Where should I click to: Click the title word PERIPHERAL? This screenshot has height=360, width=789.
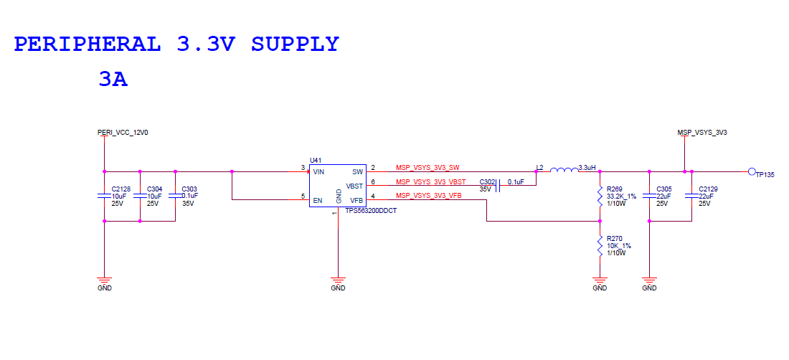coord(88,44)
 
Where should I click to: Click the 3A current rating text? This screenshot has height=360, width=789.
coord(113,80)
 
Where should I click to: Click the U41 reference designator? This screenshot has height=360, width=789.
coord(316,161)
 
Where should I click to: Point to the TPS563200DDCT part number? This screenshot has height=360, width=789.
coord(371,211)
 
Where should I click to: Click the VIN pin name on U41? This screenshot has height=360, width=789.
coord(319,172)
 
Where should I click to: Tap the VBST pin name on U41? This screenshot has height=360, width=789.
coord(354,185)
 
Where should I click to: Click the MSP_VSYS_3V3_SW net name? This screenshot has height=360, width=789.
coord(427,168)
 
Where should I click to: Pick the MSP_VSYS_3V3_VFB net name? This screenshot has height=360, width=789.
coord(429,195)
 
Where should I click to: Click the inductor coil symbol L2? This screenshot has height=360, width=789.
coord(563,170)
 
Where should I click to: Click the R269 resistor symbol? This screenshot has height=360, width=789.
coord(600,197)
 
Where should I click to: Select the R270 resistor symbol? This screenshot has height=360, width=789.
coord(600,247)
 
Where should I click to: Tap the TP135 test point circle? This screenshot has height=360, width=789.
coord(751,172)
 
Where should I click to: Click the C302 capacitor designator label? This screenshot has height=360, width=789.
coord(488,182)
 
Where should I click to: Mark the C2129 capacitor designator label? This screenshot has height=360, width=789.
coord(708,189)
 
